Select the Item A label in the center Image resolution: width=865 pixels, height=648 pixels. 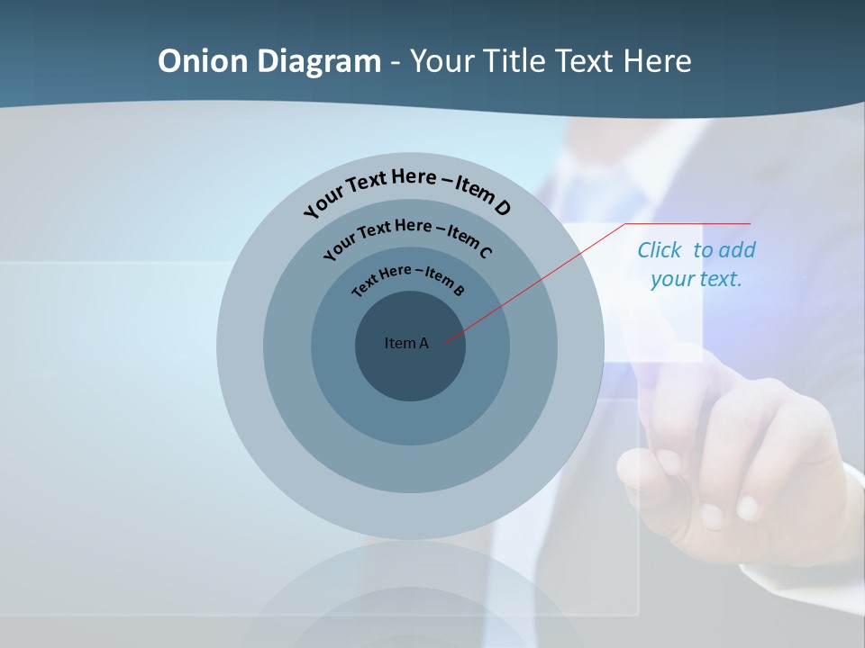(x=407, y=343)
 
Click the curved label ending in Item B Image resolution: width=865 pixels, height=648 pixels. (x=408, y=278)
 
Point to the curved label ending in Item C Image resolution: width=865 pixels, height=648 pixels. (x=407, y=235)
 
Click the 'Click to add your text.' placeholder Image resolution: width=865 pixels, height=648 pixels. (x=697, y=265)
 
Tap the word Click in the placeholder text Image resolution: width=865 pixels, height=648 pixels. (x=660, y=250)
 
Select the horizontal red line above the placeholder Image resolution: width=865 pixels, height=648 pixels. (x=688, y=223)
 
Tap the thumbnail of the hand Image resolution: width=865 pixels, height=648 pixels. (x=668, y=463)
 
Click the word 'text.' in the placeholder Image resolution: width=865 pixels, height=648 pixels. (x=722, y=279)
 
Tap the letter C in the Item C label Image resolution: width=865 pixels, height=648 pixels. (x=485, y=252)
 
